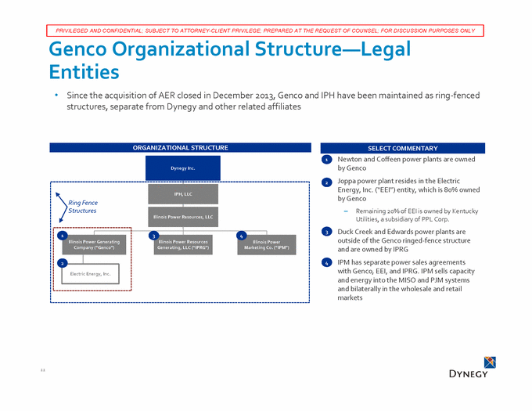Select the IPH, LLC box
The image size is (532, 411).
point(182,193)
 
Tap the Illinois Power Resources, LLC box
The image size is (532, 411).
point(182,216)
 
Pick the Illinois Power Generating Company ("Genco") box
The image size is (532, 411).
point(92,245)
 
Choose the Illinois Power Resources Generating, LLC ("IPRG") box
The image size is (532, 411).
point(182,245)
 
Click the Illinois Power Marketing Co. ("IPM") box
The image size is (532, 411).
point(267,245)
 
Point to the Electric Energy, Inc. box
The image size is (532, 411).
point(89,273)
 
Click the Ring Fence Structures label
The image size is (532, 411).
point(82,206)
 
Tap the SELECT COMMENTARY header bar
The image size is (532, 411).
point(402,148)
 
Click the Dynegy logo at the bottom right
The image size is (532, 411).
point(468,367)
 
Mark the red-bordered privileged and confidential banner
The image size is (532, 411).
point(266,31)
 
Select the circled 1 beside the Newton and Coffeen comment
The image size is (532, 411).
point(326,160)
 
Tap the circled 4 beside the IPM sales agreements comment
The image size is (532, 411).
point(326,262)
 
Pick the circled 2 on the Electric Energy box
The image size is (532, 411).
point(62,263)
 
